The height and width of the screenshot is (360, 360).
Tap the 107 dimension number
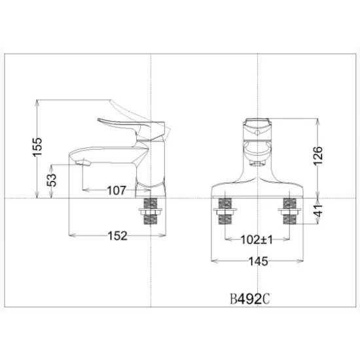click(x=116, y=190)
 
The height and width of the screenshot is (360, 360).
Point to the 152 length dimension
click(x=117, y=236)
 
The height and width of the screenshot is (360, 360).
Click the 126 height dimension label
click(x=318, y=158)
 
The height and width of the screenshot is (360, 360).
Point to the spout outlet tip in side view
click(x=82, y=162)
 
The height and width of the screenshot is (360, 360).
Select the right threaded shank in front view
click(x=289, y=213)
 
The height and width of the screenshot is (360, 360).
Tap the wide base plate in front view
click(x=258, y=190)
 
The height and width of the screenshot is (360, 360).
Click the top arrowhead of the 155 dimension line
click(x=39, y=103)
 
